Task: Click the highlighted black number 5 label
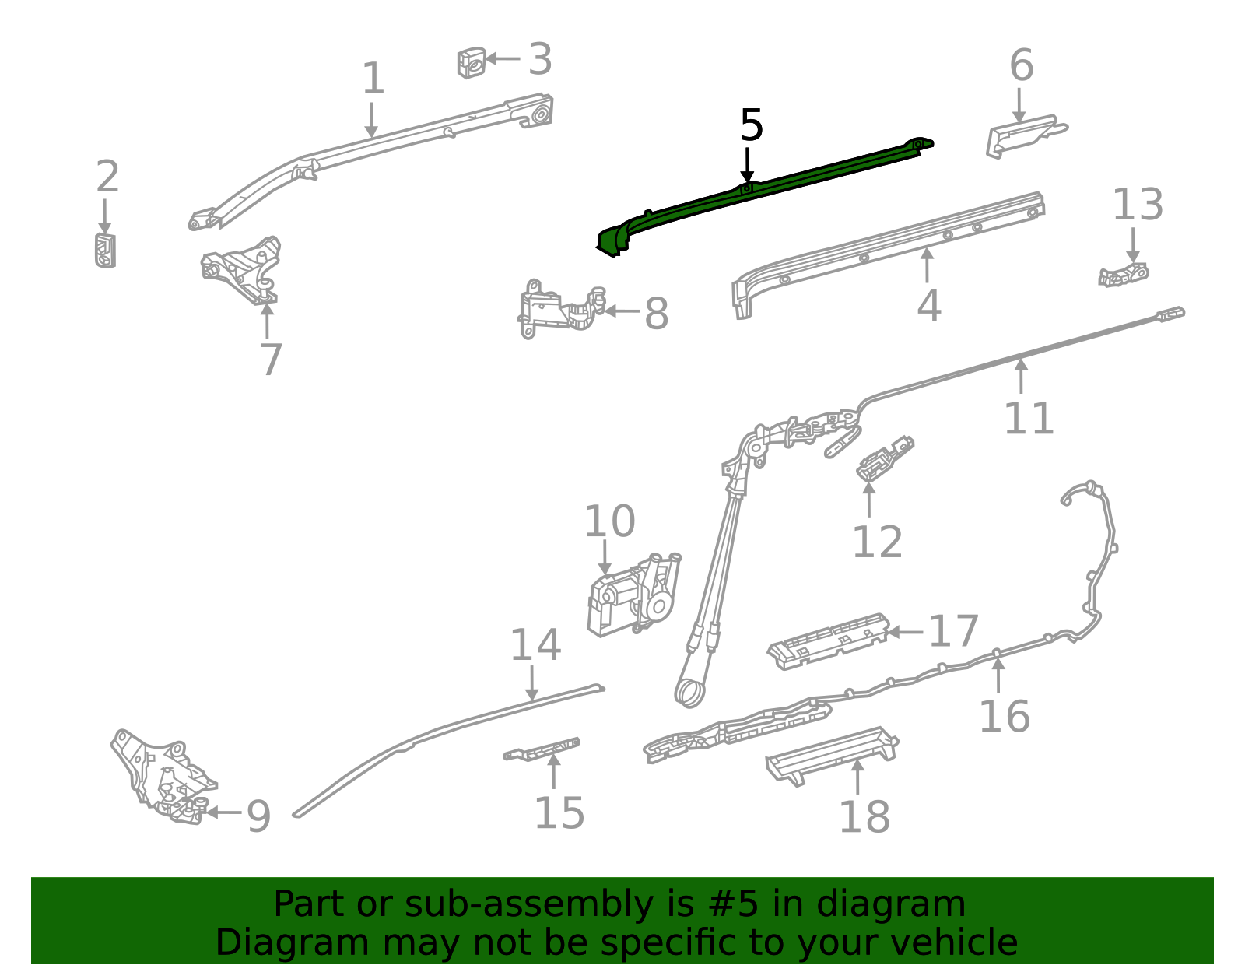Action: pyautogui.click(x=751, y=126)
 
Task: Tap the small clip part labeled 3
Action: pyautogui.click(x=472, y=62)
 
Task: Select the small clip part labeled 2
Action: pyautogui.click(x=105, y=250)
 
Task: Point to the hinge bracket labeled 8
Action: pyautogui.click(x=559, y=310)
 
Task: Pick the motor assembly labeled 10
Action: pyautogui.click(x=634, y=595)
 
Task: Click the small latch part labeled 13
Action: pyautogui.click(x=1124, y=275)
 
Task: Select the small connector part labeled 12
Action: pyautogui.click(x=882, y=458)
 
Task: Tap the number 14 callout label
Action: pyautogui.click(x=535, y=645)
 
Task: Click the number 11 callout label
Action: pyautogui.click(x=1028, y=419)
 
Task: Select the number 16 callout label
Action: pyautogui.click(x=1004, y=716)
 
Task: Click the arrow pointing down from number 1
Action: pyautogui.click(x=372, y=121)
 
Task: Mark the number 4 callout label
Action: pyautogui.click(x=928, y=306)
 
